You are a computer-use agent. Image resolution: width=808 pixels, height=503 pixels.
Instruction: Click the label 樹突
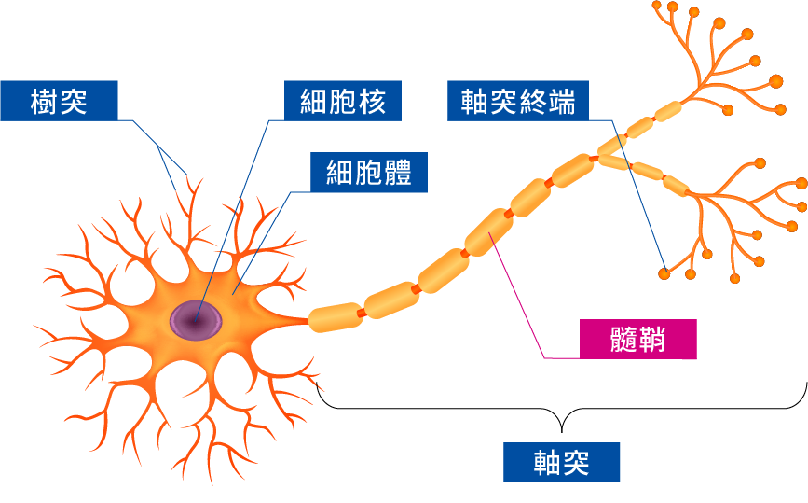point(59,101)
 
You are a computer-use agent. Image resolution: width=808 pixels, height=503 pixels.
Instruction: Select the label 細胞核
point(342,101)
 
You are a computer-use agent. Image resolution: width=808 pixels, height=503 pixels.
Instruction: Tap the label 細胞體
point(369,173)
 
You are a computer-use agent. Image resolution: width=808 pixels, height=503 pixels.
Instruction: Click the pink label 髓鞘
point(637,340)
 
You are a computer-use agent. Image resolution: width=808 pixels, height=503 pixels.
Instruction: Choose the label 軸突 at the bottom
point(561,462)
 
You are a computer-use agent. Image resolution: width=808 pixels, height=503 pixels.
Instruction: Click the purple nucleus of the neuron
point(196,320)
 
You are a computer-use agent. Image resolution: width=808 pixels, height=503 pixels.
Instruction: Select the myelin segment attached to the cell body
point(333,317)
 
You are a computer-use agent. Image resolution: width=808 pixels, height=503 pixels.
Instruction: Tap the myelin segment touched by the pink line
point(488,232)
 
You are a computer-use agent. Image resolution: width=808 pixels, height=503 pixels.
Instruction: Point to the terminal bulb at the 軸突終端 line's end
point(664,274)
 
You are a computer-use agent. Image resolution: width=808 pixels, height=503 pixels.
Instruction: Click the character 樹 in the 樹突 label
point(45,101)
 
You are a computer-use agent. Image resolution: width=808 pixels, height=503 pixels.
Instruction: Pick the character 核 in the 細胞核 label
point(372,101)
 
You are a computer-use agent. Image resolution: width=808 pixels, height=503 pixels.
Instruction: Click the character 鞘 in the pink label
point(652,340)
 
